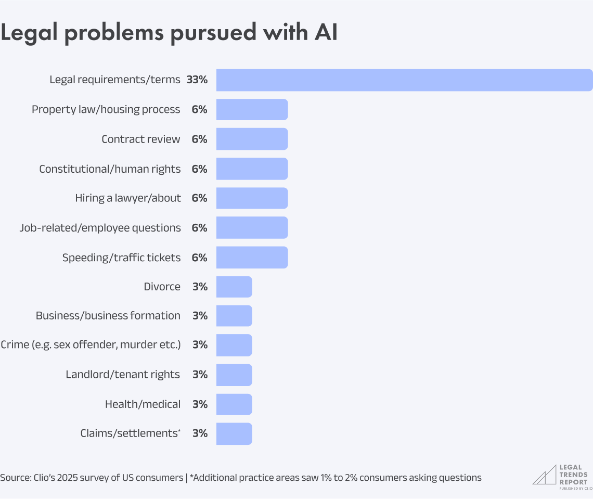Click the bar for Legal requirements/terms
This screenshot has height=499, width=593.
click(404, 80)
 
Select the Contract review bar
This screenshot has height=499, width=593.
click(252, 139)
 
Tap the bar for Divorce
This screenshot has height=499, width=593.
click(234, 287)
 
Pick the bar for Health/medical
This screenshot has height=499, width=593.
click(234, 404)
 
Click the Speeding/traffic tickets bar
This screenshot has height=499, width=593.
click(252, 258)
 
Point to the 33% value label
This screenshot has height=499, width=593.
click(197, 80)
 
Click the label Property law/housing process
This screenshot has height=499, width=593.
click(106, 109)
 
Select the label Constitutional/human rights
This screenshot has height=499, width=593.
click(110, 169)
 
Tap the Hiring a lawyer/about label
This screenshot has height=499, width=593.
click(128, 198)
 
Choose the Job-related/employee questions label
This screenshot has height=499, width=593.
click(100, 228)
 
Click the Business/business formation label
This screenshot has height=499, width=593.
click(108, 316)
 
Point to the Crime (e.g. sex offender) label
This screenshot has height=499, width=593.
click(91, 345)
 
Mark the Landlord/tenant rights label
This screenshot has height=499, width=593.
click(123, 375)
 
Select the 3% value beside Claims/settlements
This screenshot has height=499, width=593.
click(200, 433)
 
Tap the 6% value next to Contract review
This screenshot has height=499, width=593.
click(200, 139)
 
